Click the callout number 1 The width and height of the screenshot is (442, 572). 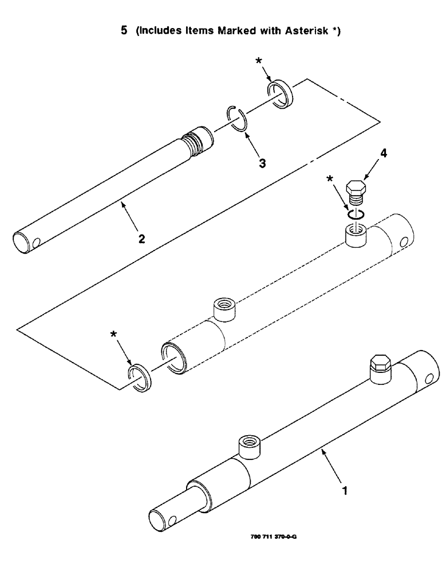tap(344, 490)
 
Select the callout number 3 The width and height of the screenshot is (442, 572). tap(262, 163)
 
